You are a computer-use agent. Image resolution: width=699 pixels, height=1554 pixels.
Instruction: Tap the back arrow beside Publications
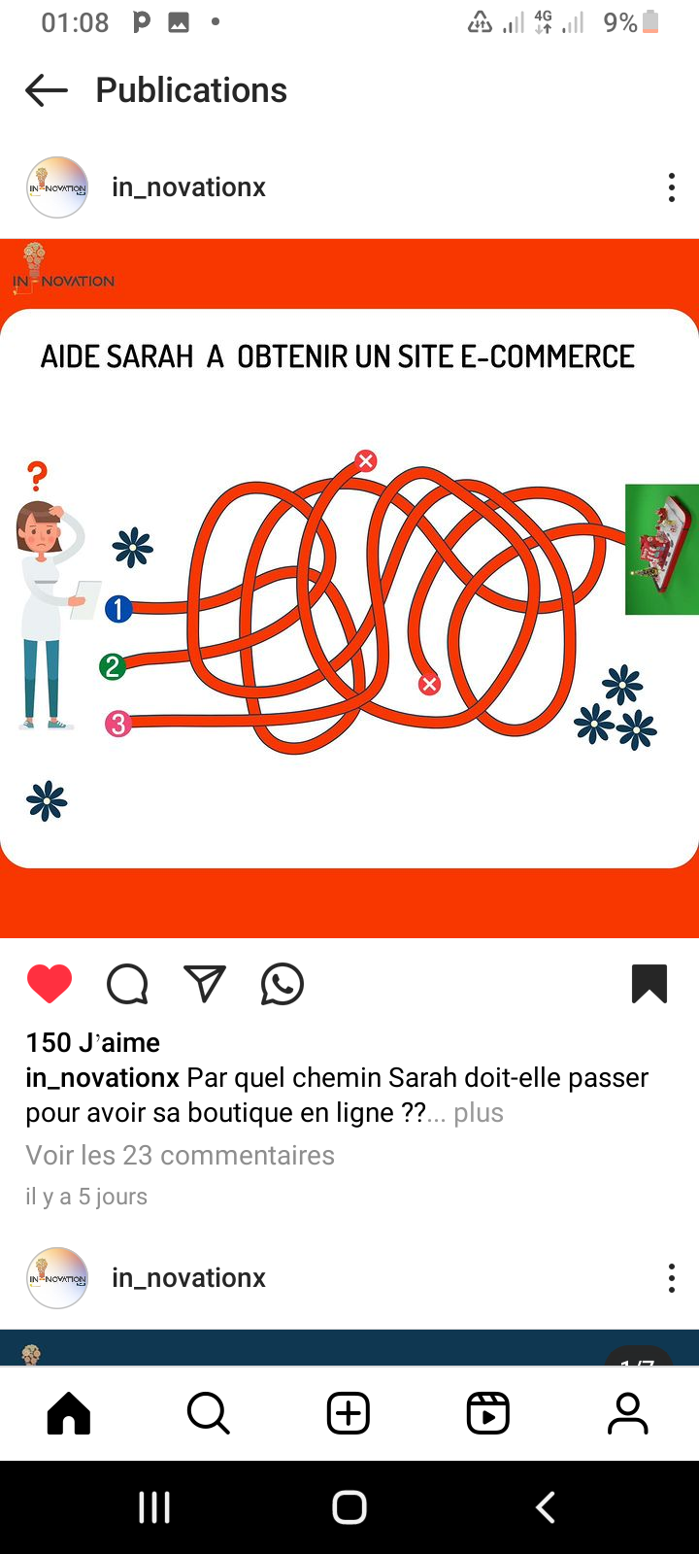coord(47,90)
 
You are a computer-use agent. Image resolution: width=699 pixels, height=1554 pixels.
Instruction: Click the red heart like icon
coord(50,983)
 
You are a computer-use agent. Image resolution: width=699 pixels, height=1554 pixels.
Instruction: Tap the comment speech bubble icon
coord(127,984)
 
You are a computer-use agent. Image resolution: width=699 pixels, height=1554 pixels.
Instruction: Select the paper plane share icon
coord(205,983)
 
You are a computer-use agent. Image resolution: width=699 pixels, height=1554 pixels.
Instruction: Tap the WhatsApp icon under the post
coord(283,984)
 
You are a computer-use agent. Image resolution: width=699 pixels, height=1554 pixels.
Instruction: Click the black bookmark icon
coord(649,983)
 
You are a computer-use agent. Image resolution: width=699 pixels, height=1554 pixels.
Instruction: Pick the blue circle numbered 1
coord(118,609)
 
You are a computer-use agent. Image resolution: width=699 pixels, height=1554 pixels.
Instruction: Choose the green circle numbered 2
coord(113,666)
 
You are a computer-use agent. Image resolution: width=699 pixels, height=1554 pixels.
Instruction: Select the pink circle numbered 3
coord(117,724)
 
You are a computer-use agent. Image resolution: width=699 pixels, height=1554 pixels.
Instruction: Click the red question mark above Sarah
coord(38,477)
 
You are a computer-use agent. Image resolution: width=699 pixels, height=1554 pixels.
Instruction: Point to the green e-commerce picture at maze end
coord(662,550)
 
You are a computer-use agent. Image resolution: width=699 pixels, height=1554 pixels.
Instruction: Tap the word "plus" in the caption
coord(479,1113)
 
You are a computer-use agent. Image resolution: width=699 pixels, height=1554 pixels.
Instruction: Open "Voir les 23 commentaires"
coord(181,1155)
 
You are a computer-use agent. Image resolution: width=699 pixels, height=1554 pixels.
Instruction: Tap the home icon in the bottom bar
coord(69,1412)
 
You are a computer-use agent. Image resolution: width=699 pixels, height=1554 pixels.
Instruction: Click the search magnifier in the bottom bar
coord(209,1412)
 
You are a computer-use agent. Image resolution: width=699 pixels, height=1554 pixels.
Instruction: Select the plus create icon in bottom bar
coord(349,1412)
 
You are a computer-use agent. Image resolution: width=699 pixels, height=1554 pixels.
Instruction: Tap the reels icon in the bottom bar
coord(488,1412)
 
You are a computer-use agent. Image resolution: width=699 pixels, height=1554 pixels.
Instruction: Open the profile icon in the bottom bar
coord(627,1412)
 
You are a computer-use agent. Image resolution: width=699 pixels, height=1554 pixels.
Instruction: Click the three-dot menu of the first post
coord(671,187)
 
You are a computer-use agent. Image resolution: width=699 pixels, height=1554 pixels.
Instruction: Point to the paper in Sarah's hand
coord(86,599)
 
